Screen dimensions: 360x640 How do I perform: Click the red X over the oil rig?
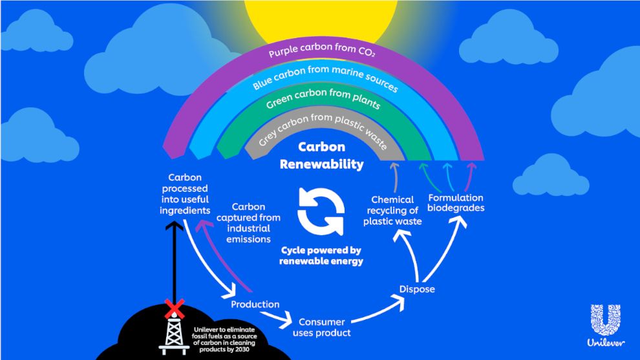pyautogui.click(x=173, y=307)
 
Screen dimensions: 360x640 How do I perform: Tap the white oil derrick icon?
pyautogui.click(x=174, y=330)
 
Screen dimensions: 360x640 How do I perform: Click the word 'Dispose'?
pyautogui.click(x=417, y=289)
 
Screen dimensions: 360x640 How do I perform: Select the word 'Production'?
pyautogui.click(x=255, y=304)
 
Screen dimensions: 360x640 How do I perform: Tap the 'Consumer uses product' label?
pyautogui.click(x=321, y=327)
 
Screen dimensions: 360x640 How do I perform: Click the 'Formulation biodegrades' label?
pyautogui.click(x=456, y=203)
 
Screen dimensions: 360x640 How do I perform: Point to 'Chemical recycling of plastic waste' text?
pyautogui.click(x=394, y=211)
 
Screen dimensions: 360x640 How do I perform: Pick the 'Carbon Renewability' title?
pyautogui.click(x=321, y=156)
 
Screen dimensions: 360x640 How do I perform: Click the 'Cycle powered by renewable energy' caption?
pyautogui.click(x=321, y=256)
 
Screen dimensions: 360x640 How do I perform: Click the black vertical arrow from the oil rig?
pyautogui.click(x=172, y=259)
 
